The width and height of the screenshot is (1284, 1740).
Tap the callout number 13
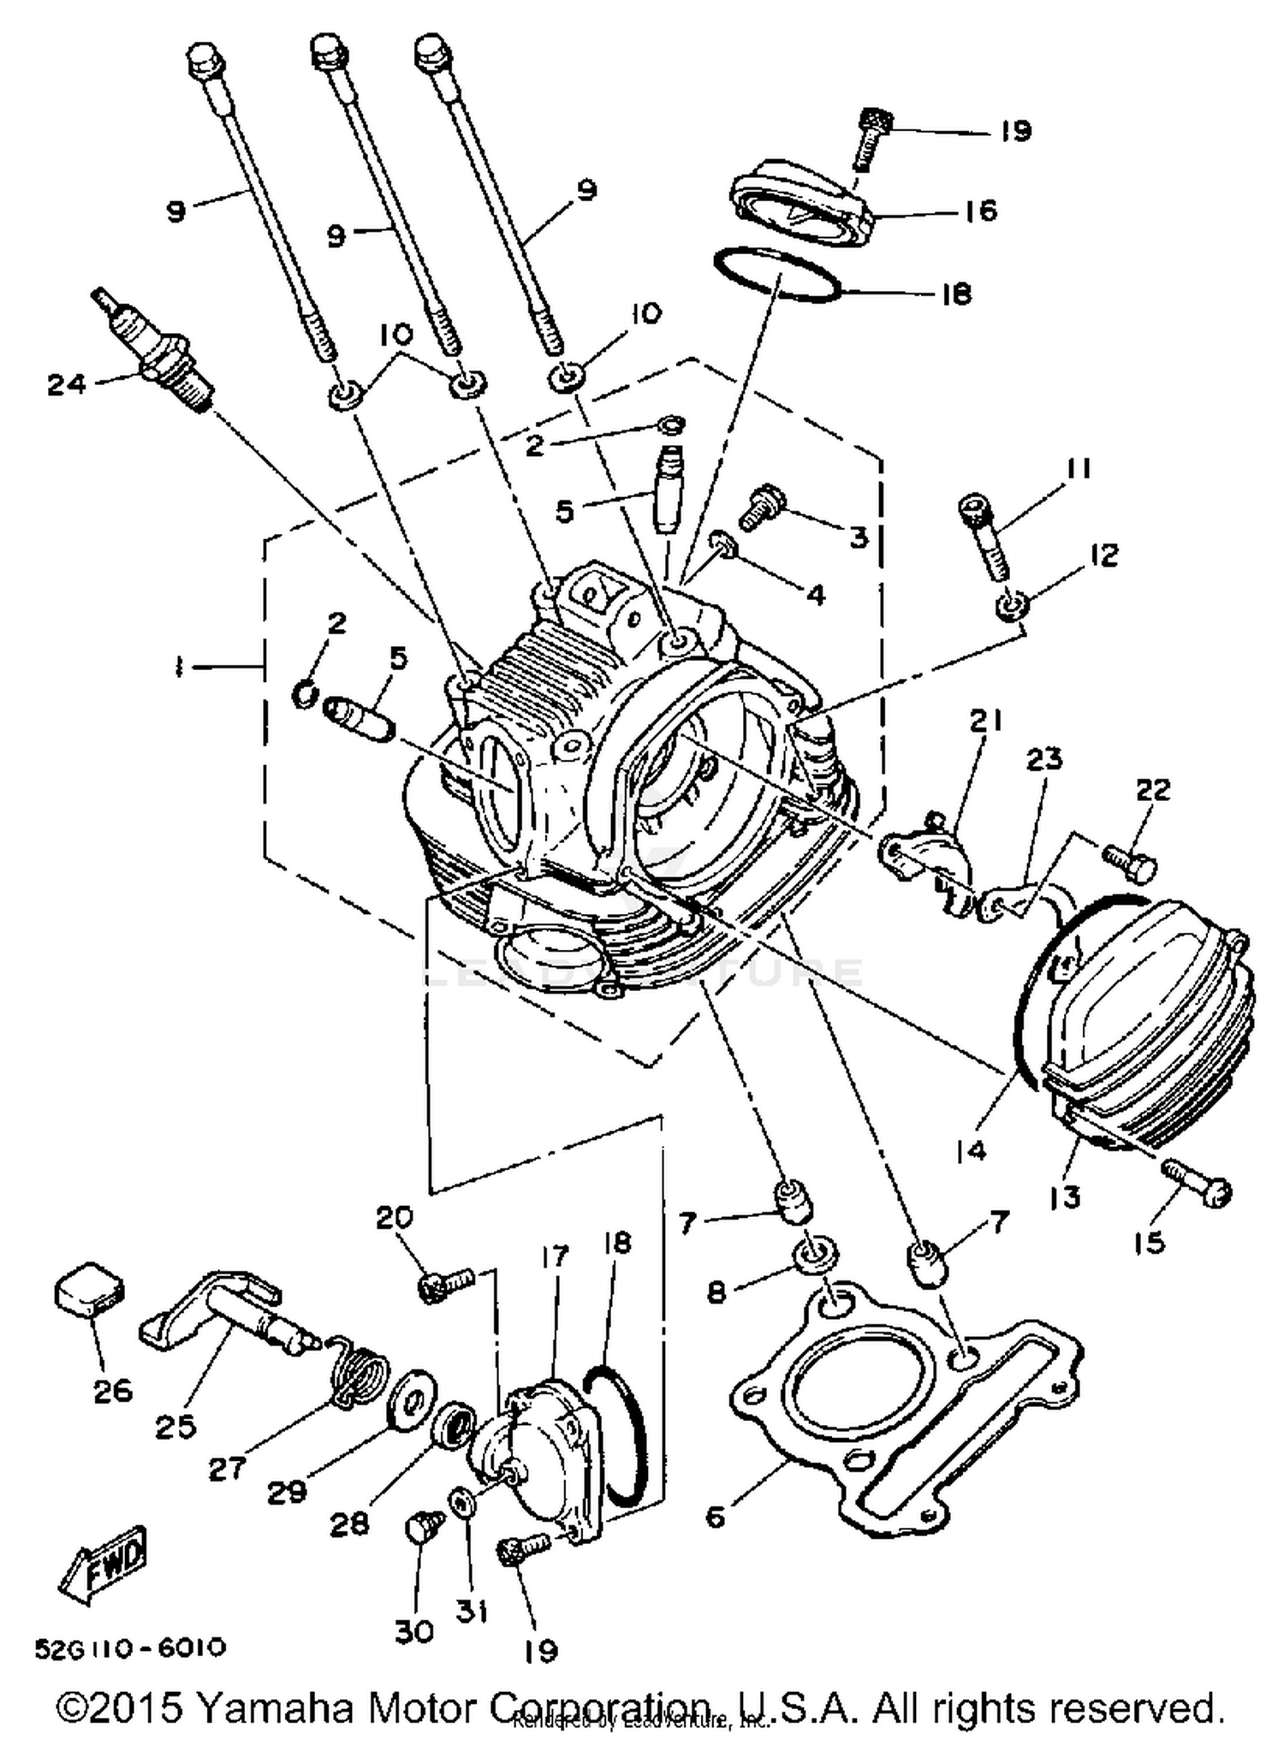[1065, 1197]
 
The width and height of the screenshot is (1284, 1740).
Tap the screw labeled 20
[445, 1285]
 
